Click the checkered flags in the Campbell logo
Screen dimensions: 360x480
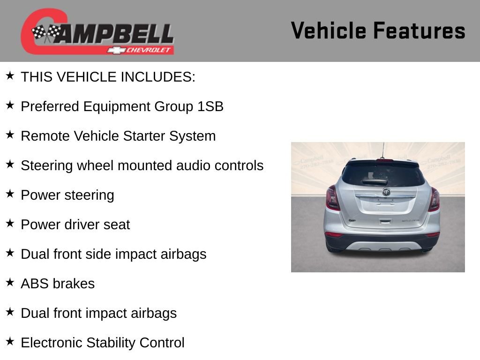tap(46, 33)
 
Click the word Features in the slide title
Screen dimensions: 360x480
tap(419, 31)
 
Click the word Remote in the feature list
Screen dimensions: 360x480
tap(45, 136)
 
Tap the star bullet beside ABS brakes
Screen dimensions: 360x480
tap(10, 282)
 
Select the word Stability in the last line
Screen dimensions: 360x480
tap(112, 343)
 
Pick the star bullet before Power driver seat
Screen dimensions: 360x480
tap(10, 223)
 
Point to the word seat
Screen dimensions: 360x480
tap(117, 225)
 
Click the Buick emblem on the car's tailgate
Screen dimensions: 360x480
tap(386, 192)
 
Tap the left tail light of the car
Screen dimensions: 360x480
tap(332, 198)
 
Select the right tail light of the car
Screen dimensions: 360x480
tap(434, 199)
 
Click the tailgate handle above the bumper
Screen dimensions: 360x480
tap(385, 222)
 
